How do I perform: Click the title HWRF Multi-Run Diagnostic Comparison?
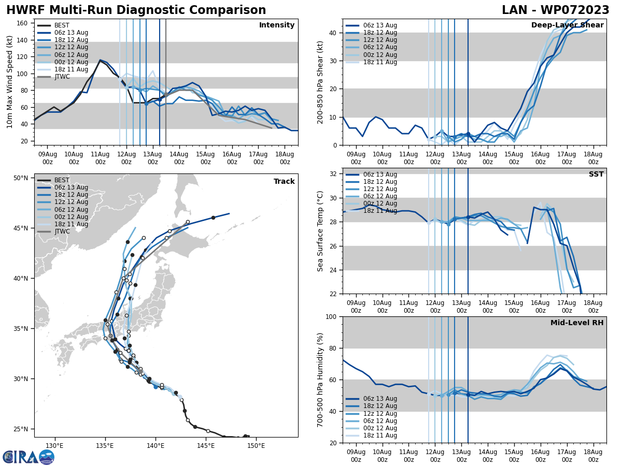tap(136, 10)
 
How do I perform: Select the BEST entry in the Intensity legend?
tap(62, 25)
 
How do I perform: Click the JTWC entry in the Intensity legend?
tap(62, 77)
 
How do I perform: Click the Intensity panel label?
tap(277, 25)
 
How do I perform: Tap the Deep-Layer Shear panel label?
tap(567, 25)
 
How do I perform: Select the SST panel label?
tap(596, 174)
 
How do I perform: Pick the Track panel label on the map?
tap(284, 182)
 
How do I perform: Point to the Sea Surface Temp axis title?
tap(320, 231)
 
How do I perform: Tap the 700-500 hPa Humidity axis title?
tap(320, 380)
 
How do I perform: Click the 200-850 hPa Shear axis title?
tap(320, 82)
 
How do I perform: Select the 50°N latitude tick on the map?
tap(21, 178)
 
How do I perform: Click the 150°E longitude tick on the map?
tap(256, 445)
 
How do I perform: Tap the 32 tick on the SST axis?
tap(333, 174)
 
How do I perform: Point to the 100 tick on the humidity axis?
tap(332, 316)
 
